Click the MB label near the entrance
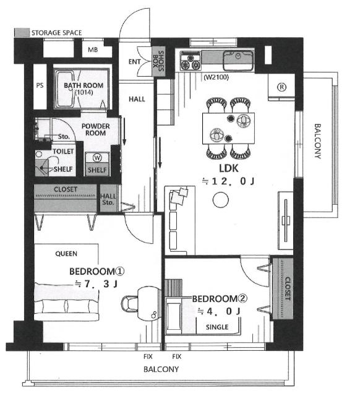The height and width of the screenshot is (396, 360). coord(93,49)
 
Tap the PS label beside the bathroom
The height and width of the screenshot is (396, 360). coord(40,85)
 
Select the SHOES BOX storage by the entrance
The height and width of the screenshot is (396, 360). coord(158,61)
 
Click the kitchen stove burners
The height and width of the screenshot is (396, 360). coord(191,61)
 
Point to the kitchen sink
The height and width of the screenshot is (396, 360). coord(238,61)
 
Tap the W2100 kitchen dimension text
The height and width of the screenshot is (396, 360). coord(216,77)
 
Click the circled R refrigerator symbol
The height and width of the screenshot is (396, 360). coord(281,87)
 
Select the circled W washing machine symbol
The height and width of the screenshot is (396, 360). coord(97,158)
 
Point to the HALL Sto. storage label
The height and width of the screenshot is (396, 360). coord(108,199)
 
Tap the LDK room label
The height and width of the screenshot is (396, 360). coord(228,168)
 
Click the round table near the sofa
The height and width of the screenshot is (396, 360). coord(221,200)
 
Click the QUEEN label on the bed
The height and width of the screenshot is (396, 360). coord(66,254)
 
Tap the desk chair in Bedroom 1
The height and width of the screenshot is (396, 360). coord(129,304)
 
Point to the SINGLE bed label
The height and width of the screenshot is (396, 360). coord(217,327)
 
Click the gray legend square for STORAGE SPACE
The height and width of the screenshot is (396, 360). coord(22,32)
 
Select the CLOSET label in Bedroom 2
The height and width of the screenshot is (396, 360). coord(288,289)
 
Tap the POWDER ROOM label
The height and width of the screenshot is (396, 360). coord(96,129)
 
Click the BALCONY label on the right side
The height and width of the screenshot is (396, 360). coord(317,141)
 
